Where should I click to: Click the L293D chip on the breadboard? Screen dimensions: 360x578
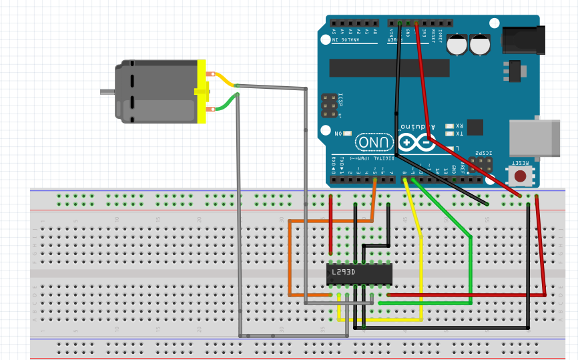coord(358,274)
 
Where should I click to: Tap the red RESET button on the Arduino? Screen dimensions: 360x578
coord(519,176)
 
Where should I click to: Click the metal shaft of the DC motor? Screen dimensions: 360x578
coord(107,92)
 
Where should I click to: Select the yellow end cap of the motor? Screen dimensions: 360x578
coord(202,92)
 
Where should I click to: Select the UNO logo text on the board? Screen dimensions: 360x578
coord(374,142)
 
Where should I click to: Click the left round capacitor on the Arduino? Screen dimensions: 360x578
coord(457,45)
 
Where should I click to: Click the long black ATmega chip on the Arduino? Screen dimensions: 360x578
coord(389,67)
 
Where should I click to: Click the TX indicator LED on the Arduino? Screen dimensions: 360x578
coord(449,134)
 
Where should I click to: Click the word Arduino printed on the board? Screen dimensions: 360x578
coord(417,126)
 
